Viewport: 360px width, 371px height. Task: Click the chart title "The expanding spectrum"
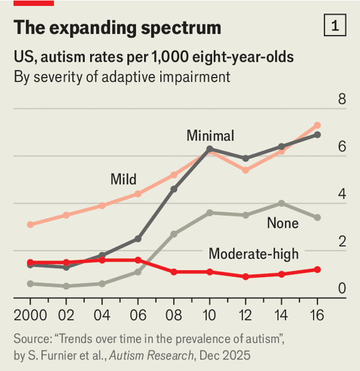point(117,28)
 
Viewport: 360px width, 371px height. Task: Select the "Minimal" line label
point(210,135)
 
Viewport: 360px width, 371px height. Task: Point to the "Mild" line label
point(123,179)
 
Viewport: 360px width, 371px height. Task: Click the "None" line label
point(283,223)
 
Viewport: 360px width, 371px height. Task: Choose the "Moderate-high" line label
point(253,255)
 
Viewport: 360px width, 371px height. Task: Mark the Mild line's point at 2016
point(317,125)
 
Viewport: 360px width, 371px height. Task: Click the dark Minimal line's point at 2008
point(174,189)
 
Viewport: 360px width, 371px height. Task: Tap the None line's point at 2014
point(281,204)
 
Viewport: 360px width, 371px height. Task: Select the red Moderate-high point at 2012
point(245,277)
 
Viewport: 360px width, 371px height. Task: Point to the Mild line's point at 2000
point(30,225)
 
